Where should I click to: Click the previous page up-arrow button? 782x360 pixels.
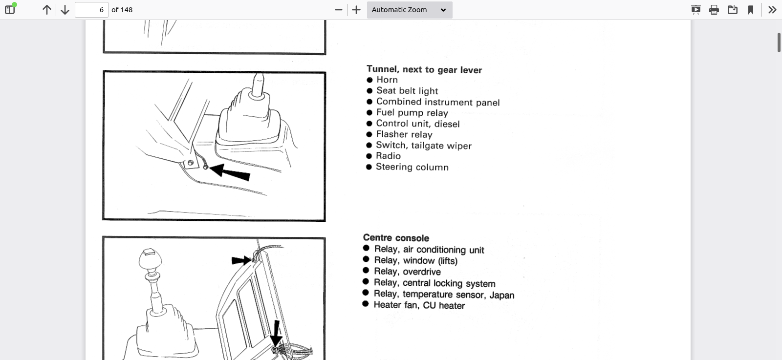click(x=47, y=10)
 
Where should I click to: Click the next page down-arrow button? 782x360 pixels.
click(x=65, y=10)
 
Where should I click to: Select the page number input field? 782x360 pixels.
click(x=91, y=10)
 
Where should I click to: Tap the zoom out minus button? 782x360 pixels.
click(x=339, y=10)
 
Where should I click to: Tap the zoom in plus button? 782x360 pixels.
click(x=356, y=10)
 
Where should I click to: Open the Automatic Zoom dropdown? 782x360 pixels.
click(x=410, y=10)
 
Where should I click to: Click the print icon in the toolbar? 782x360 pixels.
click(x=714, y=10)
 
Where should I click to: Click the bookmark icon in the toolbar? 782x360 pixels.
click(x=751, y=10)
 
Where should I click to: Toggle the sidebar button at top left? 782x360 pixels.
click(x=10, y=9)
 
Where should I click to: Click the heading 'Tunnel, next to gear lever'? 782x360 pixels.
click(x=424, y=69)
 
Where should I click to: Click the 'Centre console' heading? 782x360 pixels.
click(x=396, y=238)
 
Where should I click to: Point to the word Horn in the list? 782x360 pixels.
click(x=387, y=80)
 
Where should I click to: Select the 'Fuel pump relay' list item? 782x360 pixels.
click(x=412, y=113)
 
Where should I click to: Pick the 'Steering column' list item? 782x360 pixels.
click(x=412, y=167)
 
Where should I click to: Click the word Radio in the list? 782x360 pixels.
click(x=388, y=156)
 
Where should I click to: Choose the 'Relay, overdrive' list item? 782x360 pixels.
click(x=407, y=272)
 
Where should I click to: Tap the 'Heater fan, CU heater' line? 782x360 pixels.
click(x=419, y=305)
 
